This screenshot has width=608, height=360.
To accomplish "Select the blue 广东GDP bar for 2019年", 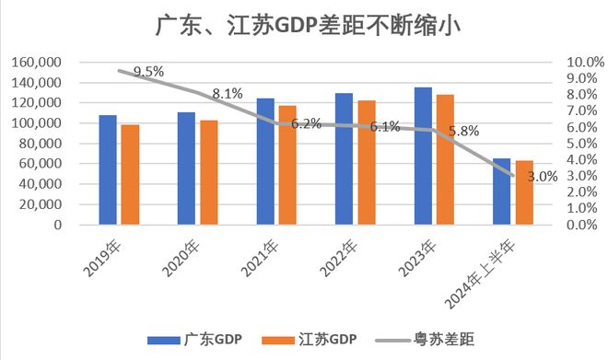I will click(x=107, y=169).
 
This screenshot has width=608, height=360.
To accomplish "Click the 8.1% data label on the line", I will click(x=227, y=93).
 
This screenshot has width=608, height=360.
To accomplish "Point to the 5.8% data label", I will click(x=463, y=131).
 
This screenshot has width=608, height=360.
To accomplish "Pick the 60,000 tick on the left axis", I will click(x=41, y=164).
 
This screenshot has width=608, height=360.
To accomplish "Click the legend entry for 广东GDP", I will click(x=195, y=340).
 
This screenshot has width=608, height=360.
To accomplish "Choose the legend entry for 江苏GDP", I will click(x=311, y=340).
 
